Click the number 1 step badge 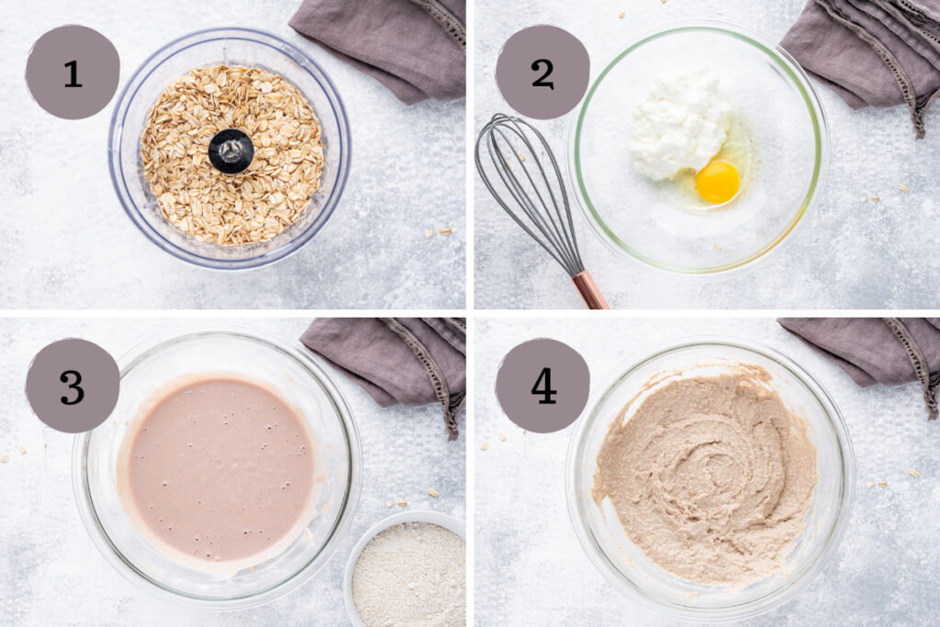pyautogui.click(x=73, y=73)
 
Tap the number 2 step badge pyautogui.click(x=543, y=73)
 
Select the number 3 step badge pyautogui.click(x=73, y=386)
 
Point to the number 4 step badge pyautogui.click(x=543, y=386)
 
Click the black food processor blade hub pyautogui.click(x=230, y=151)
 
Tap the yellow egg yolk pyautogui.click(x=717, y=182)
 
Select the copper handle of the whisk pyautogui.click(x=589, y=290)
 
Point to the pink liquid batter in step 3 pyautogui.click(x=220, y=468)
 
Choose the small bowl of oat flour pyautogui.click(x=409, y=574)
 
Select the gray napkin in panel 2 pyautogui.click(x=863, y=55)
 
